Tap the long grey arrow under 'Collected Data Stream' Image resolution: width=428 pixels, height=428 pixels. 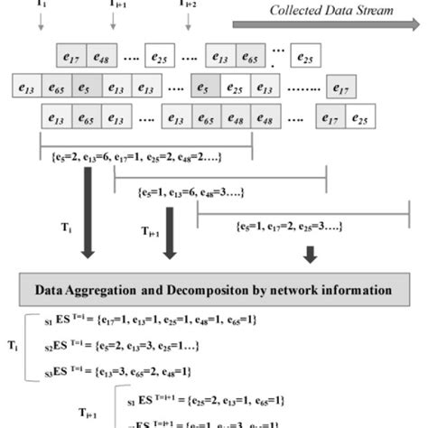coord(325,24)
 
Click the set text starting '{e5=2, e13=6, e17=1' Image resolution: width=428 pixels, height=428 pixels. coord(145,160)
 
